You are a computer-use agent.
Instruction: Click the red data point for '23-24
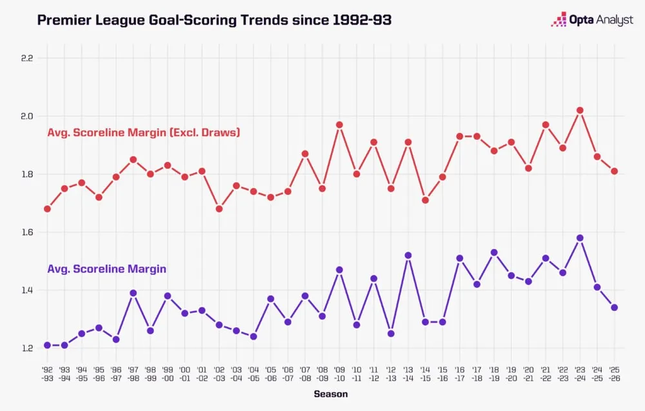pos(580,110)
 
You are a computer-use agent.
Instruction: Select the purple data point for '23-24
pos(580,238)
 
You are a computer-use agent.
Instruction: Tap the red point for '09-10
pos(339,125)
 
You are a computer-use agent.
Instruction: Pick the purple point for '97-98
pos(133,293)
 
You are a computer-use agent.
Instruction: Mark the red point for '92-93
pos(47,209)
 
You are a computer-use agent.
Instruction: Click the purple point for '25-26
pos(615,308)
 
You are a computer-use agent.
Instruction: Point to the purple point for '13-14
pos(408,256)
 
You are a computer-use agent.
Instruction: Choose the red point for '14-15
pos(425,200)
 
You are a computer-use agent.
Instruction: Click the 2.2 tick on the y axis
pos(26,58)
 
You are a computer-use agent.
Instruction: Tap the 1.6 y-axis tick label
pos(26,232)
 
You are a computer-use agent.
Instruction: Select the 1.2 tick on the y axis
pos(26,348)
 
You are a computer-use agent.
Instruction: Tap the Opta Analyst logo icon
pos(558,20)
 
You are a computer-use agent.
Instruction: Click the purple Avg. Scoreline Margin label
pos(107,269)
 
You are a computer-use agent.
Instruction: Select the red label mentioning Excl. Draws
pos(144,133)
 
